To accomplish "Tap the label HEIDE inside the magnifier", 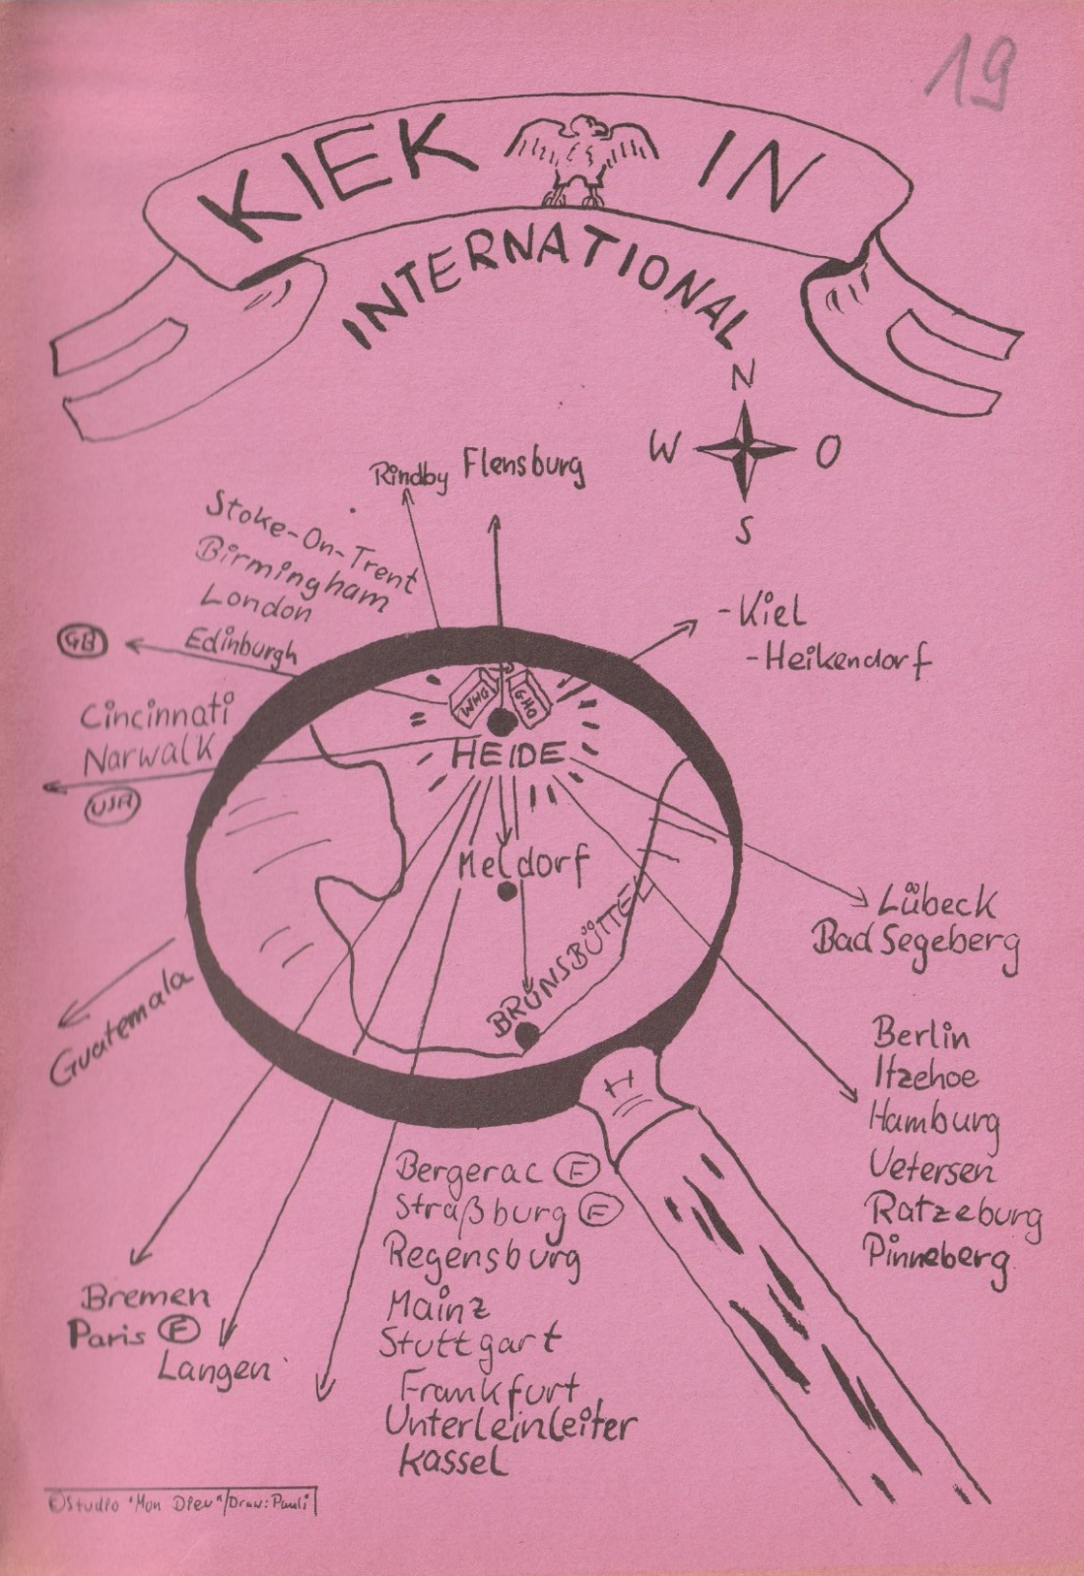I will pos(508,756).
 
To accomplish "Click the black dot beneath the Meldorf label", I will pos(507,891).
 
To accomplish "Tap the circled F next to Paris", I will pos(181,1332).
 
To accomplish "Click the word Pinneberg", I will pos(936,1257).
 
